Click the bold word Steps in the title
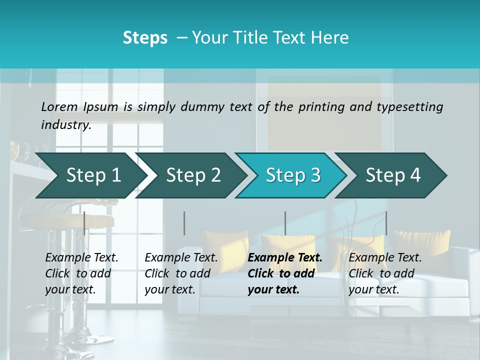pos(145,38)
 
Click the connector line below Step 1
pos(84,223)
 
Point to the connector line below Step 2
pos(184,223)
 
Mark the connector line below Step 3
pos(285,223)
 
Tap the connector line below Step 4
pos(386,223)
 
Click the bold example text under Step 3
pos(284,273)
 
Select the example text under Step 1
pos(81,273)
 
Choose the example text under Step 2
pos(180,273)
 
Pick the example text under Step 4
pos(384,273)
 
